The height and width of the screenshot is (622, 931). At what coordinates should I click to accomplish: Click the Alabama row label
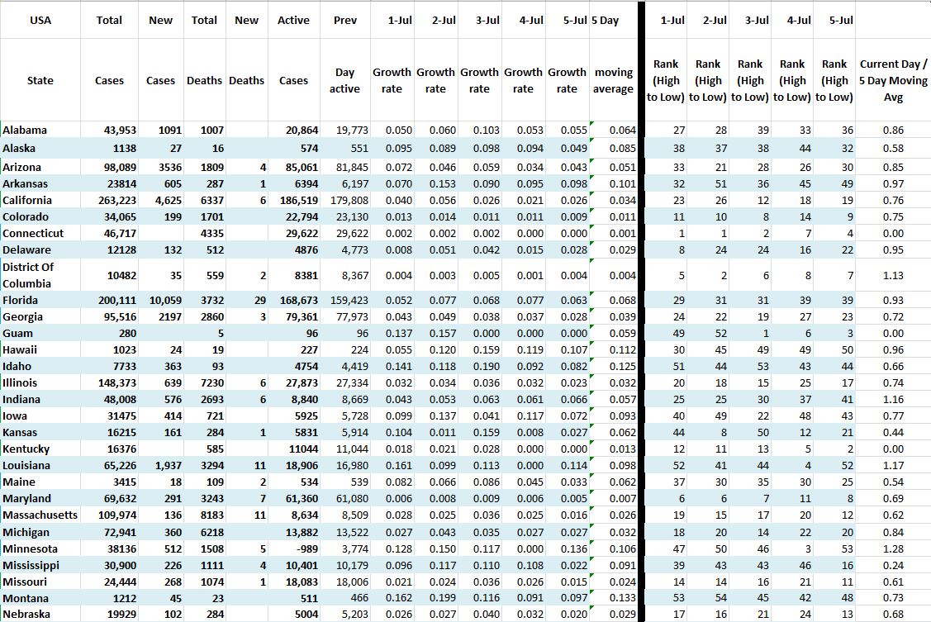[26, 131]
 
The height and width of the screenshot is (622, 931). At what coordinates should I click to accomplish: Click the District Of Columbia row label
[28, 275]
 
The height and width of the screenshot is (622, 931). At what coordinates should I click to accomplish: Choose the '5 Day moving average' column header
[613, 80]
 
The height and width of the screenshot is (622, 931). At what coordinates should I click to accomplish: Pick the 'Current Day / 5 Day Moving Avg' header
[893, 80]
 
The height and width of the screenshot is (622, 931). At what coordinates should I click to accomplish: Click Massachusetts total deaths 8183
[211, 515]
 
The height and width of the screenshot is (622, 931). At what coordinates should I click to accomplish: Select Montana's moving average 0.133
[622, 599]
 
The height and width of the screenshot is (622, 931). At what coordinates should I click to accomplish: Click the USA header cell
[40, 20]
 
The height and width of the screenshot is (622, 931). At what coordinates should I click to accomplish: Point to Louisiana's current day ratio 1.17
[893, 466]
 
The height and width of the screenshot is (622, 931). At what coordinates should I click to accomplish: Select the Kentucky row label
[26, 449]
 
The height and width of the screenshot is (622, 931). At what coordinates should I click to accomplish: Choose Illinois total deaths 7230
[211, 383]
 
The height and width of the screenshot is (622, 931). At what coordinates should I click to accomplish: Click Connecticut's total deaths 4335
[211, 234]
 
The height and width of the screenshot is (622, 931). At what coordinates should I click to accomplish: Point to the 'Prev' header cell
[344, 20]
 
